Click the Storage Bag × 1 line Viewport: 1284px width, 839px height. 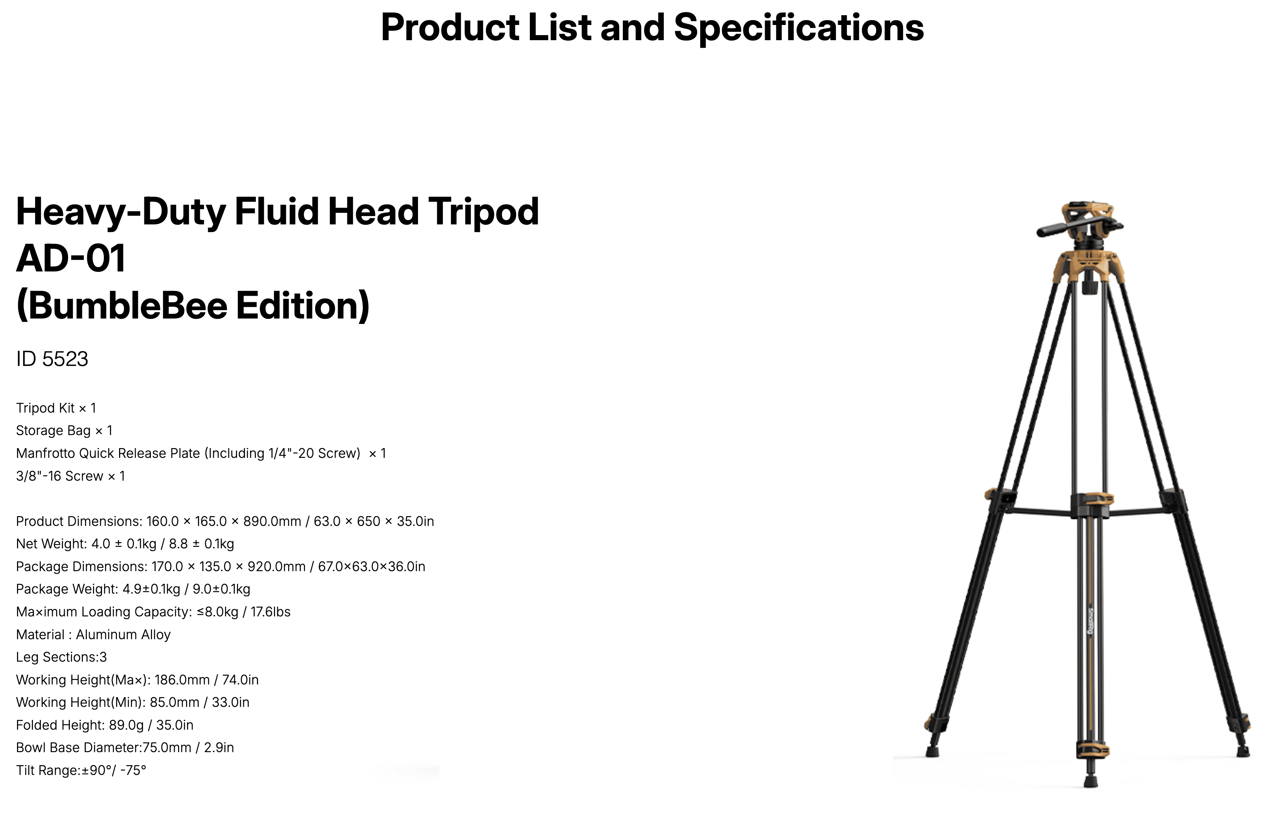pyautogui.click(x=64, y=431)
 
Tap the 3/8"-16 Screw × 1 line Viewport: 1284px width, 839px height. pyautogui.click(x=70, y=476)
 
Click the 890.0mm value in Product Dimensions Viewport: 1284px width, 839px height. pyautogui.click(x=272, y=521)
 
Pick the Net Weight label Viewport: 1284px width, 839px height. pyautogui.click(x=51, y=544)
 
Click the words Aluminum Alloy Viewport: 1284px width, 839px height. pyautogui.click(x=123, y=634)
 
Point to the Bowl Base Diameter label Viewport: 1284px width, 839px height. pyautogui.click(x=78, y=748)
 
